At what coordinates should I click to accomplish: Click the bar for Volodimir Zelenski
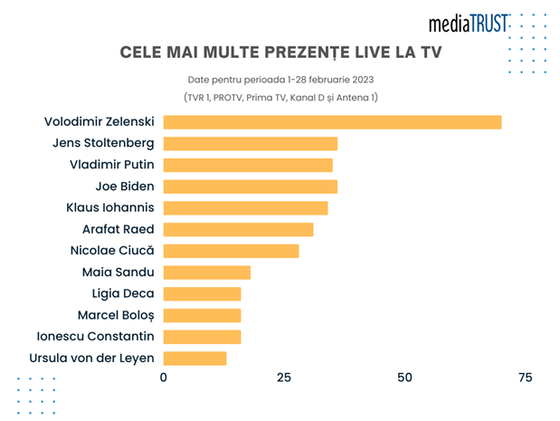click(332, 122)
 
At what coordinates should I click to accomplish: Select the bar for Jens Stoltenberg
click(251, 144)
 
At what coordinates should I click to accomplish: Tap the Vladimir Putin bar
click(248, 165)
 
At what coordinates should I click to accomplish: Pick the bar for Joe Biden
click(251, 187)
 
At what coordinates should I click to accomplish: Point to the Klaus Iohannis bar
click(246, 208)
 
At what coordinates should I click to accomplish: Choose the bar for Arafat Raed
click(238, 229)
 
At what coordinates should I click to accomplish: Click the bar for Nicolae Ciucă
click(231, 251)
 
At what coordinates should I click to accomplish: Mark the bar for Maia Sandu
click(207, 273)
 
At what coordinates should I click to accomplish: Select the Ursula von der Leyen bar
click(195, 359)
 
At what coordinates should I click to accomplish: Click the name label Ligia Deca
click(123, 294)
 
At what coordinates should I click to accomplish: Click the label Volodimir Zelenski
click(100, 122)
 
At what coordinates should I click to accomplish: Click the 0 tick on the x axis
click(164, 378)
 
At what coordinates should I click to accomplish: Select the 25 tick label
click(284, 378)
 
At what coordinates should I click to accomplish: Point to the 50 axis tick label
click(404, 378)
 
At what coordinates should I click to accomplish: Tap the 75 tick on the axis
click(525, 378)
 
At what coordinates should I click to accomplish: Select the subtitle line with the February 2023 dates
click(280, 80)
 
